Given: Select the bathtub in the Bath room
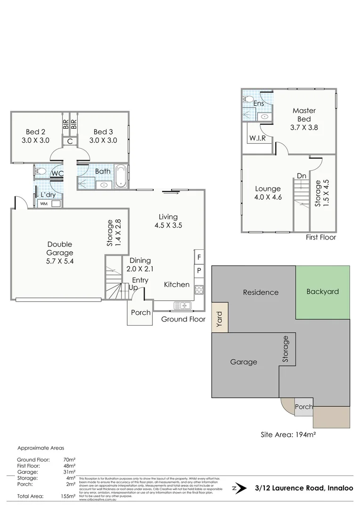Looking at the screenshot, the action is coord(121,176).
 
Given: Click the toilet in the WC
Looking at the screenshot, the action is coord(40,172).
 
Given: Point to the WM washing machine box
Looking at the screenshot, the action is coord(44,204).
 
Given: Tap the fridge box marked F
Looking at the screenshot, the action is coord(199,257).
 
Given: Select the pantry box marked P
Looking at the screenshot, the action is coord(199,271).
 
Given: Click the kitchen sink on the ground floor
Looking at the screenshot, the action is coord(182,305).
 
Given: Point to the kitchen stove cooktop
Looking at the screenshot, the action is coord(199,289).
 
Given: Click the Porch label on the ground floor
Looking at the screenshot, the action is coord(140,312).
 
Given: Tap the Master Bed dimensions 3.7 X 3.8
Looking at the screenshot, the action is coord(304,127).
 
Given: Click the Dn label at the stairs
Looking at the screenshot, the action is coord(302,176).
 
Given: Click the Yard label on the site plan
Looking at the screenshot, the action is coord(219,319).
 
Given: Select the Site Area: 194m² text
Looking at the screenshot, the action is coord(288,435).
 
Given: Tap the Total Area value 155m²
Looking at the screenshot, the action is coord(68,496).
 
